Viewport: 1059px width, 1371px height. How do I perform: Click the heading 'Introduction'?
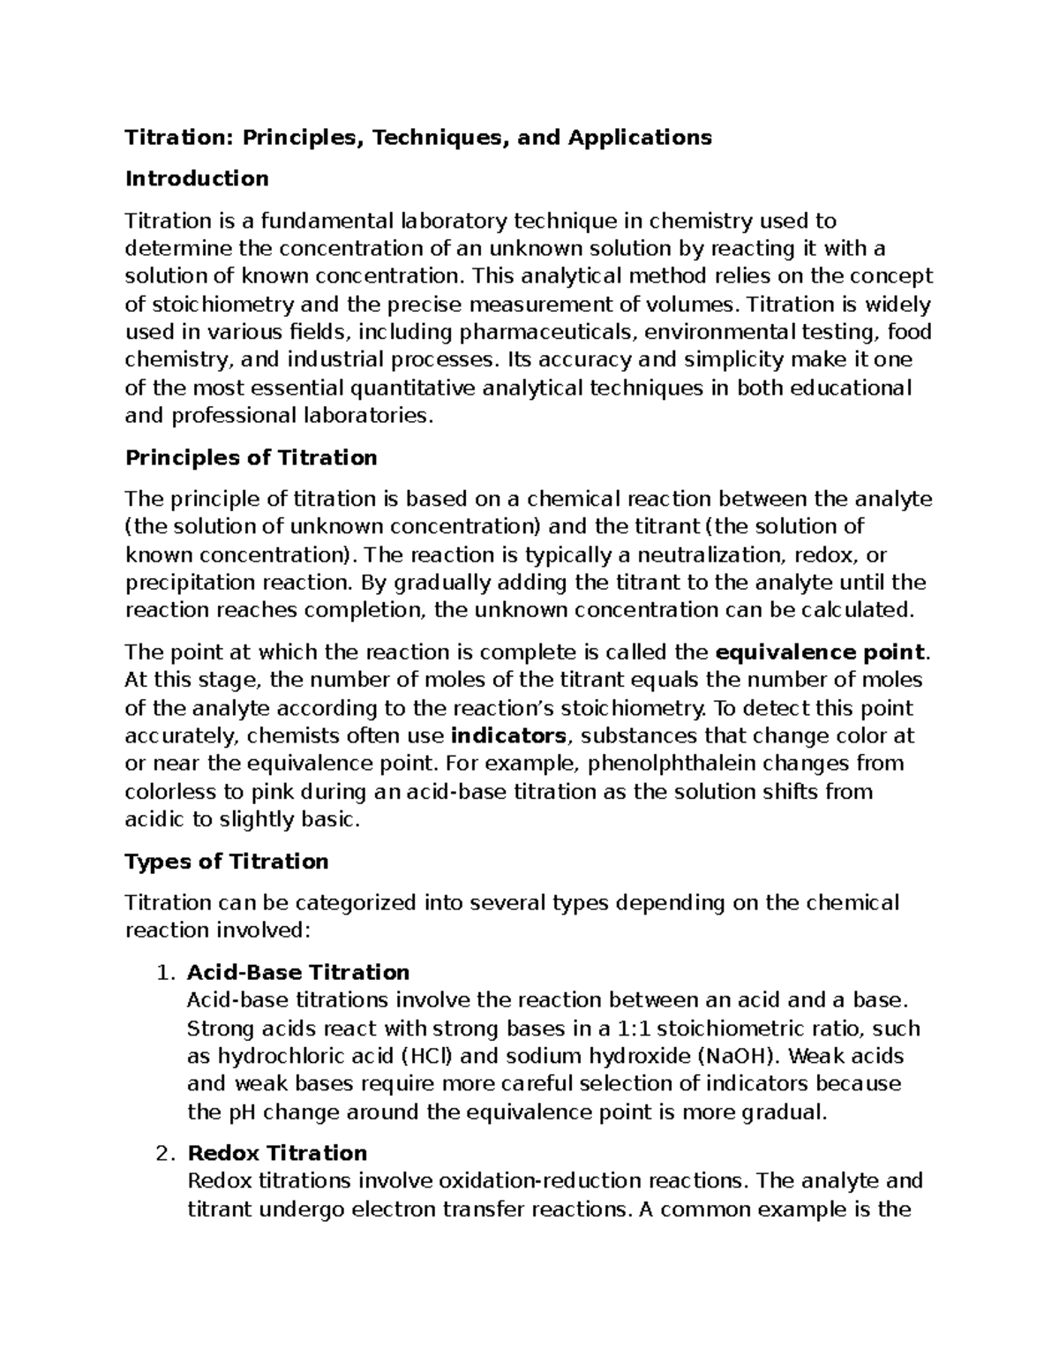(x=197, y=179)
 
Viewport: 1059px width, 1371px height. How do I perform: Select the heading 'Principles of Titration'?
(x=252, y=457)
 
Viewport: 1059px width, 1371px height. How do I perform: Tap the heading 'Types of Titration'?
(x=227, y=861)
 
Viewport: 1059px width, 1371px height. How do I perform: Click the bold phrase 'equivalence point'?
(x=821, y=652)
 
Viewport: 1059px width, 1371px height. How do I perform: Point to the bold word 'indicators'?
(x=508, y=735)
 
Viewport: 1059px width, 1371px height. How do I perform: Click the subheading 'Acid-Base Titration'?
(x=298, y=973)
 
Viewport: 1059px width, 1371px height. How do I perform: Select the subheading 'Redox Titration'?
(x=277, y=1153)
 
